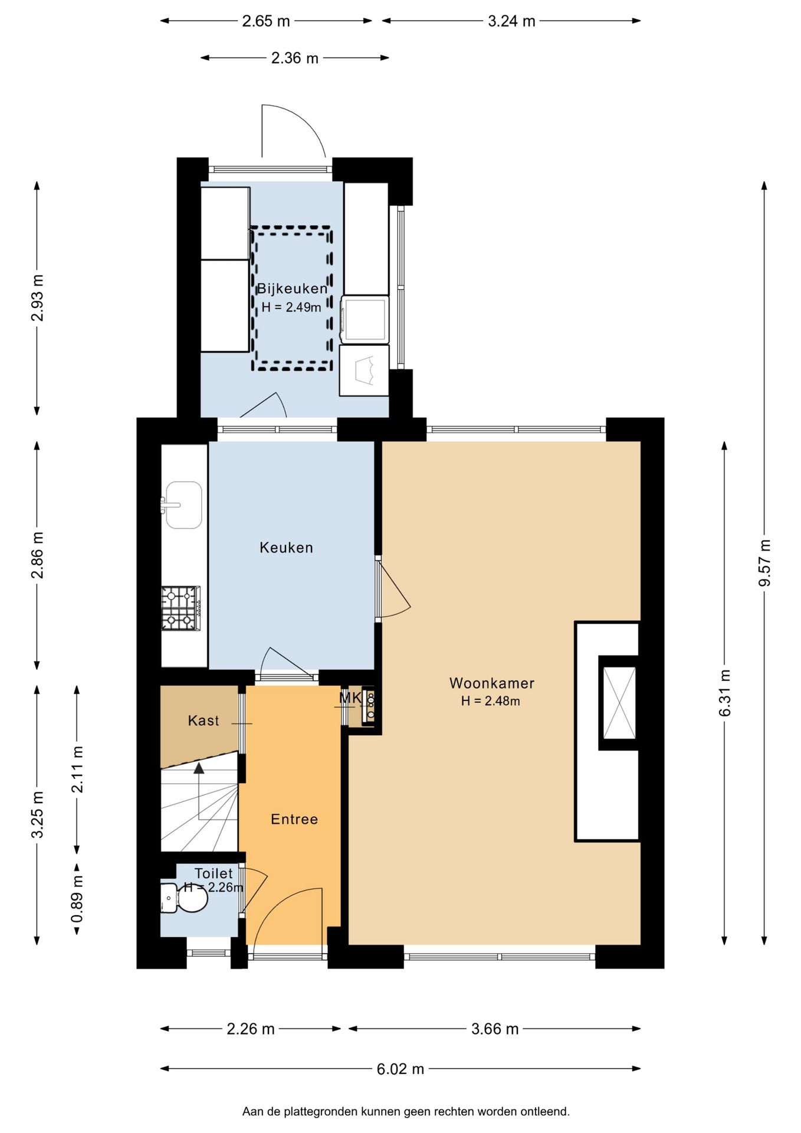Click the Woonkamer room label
491,683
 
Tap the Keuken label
286,548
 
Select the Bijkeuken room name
292,289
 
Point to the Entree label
294,819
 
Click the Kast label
203,721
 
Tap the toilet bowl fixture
184,898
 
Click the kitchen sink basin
183,505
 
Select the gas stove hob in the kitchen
181,608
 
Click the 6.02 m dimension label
400,1069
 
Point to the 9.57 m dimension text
764,563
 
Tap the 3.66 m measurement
495,1029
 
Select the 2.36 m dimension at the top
295,58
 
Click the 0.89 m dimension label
77,899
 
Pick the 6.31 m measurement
725,693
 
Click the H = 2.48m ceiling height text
491,701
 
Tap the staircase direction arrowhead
199,768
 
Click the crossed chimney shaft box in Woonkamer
619,702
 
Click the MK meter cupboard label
350,699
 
